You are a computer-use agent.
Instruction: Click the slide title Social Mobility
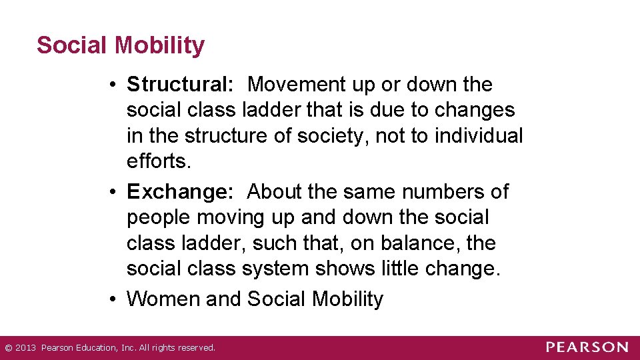tap(121, 45)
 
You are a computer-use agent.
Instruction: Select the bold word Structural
tap(178, 85)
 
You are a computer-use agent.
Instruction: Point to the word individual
tap(479, 136)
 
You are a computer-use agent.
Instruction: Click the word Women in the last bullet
tap(164, 299)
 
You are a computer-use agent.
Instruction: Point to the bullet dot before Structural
tap(115, 85)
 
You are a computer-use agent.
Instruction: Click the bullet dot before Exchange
tap(115, 193)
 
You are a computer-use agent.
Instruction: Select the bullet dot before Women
tap(115, 299)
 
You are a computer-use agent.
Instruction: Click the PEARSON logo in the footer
tap(587, 347)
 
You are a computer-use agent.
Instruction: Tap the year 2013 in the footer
tap(25, 347)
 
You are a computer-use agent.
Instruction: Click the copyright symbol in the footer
tap(8, 347)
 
